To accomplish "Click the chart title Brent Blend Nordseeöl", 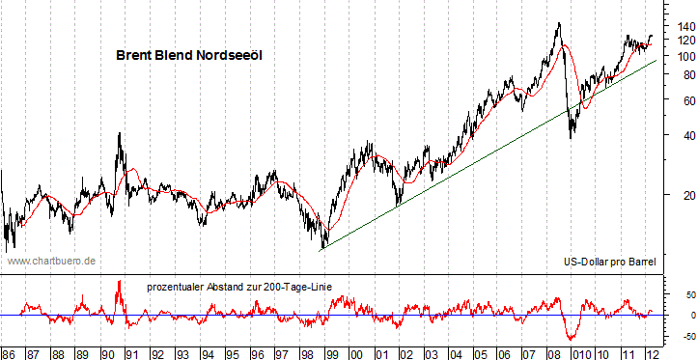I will (x=189, y=56).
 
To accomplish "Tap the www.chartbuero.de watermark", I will (x=52, y=261).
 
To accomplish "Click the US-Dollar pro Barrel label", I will (x=608, y=262).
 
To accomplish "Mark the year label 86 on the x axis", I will (x=9, y=353).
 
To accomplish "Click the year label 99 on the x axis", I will (x=331, y=353).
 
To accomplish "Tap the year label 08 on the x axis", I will (x=553, y=353).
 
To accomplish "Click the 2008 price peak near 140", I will (x=557, y=23).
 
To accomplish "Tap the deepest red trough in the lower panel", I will (x=571, y=339).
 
